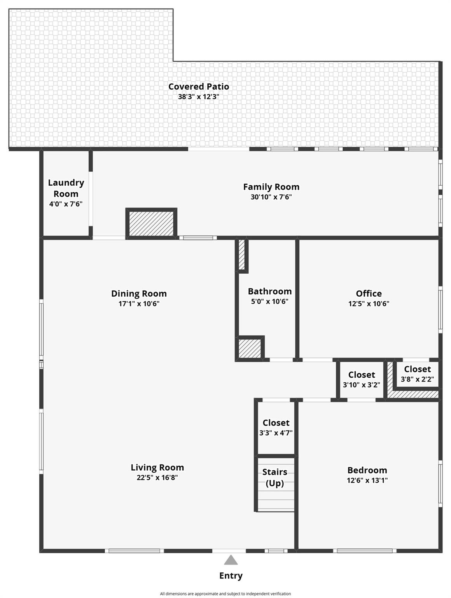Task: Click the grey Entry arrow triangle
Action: click(x=231, y=560)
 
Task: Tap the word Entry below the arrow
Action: click(x=231, y=575)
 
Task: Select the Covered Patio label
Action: click(x=198, y=86)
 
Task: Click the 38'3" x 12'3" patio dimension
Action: click(x=198, y=97)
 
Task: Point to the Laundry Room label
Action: click(x=66, y=188)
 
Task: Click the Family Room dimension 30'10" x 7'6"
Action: click(x=271, y=197)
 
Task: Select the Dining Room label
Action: click(x=139, y=294)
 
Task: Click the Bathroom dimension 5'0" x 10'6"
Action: click(x=269, y=301)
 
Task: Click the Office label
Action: click(x=369, y=294)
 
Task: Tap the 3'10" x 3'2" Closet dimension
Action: click(x=361, y=385)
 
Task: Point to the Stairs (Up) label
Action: click(x=274, y=477)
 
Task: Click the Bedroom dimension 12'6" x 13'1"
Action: click(x=367, y=480)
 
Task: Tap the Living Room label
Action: click(x=157, y=467)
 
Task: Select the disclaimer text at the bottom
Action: click(x=225, y=594)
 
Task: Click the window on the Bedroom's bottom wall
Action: click(x=365, y=551)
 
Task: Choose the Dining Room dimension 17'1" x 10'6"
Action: click(x=139, y=304)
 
